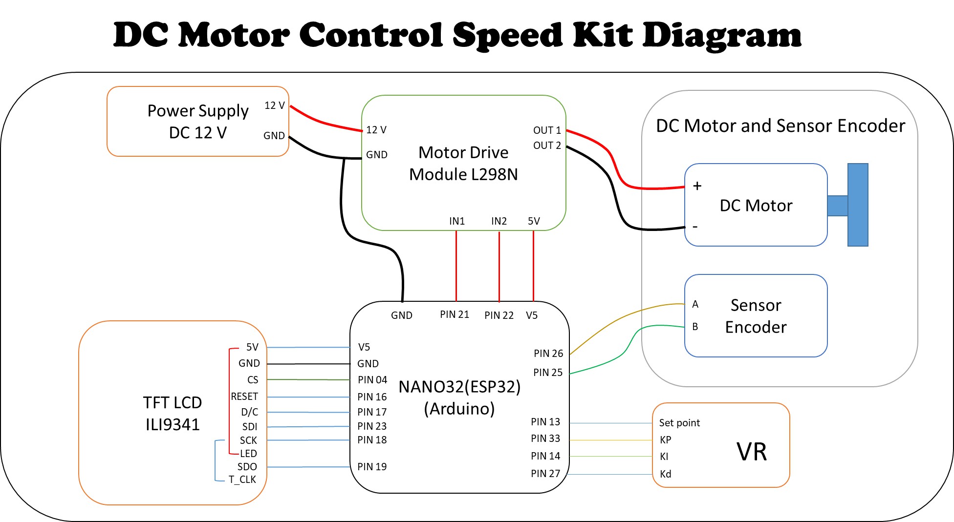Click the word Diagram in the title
[721, 35]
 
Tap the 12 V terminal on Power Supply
[274, 105]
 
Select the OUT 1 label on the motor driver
[546, 130]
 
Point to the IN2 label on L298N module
[499, 221]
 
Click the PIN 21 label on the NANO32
[454, 314]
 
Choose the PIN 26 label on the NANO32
[548, 353]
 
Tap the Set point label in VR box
[679, 423]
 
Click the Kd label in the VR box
[665, 474]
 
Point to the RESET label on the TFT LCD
[244, 397]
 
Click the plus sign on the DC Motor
[697, 186]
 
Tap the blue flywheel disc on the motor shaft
[857, 205]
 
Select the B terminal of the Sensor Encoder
[695, 327]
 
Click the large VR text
[751, 452]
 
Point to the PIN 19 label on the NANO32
[371, 467]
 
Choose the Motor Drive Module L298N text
[463, 164]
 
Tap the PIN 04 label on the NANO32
[372, 380]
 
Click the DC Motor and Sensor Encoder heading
[780, 126]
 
